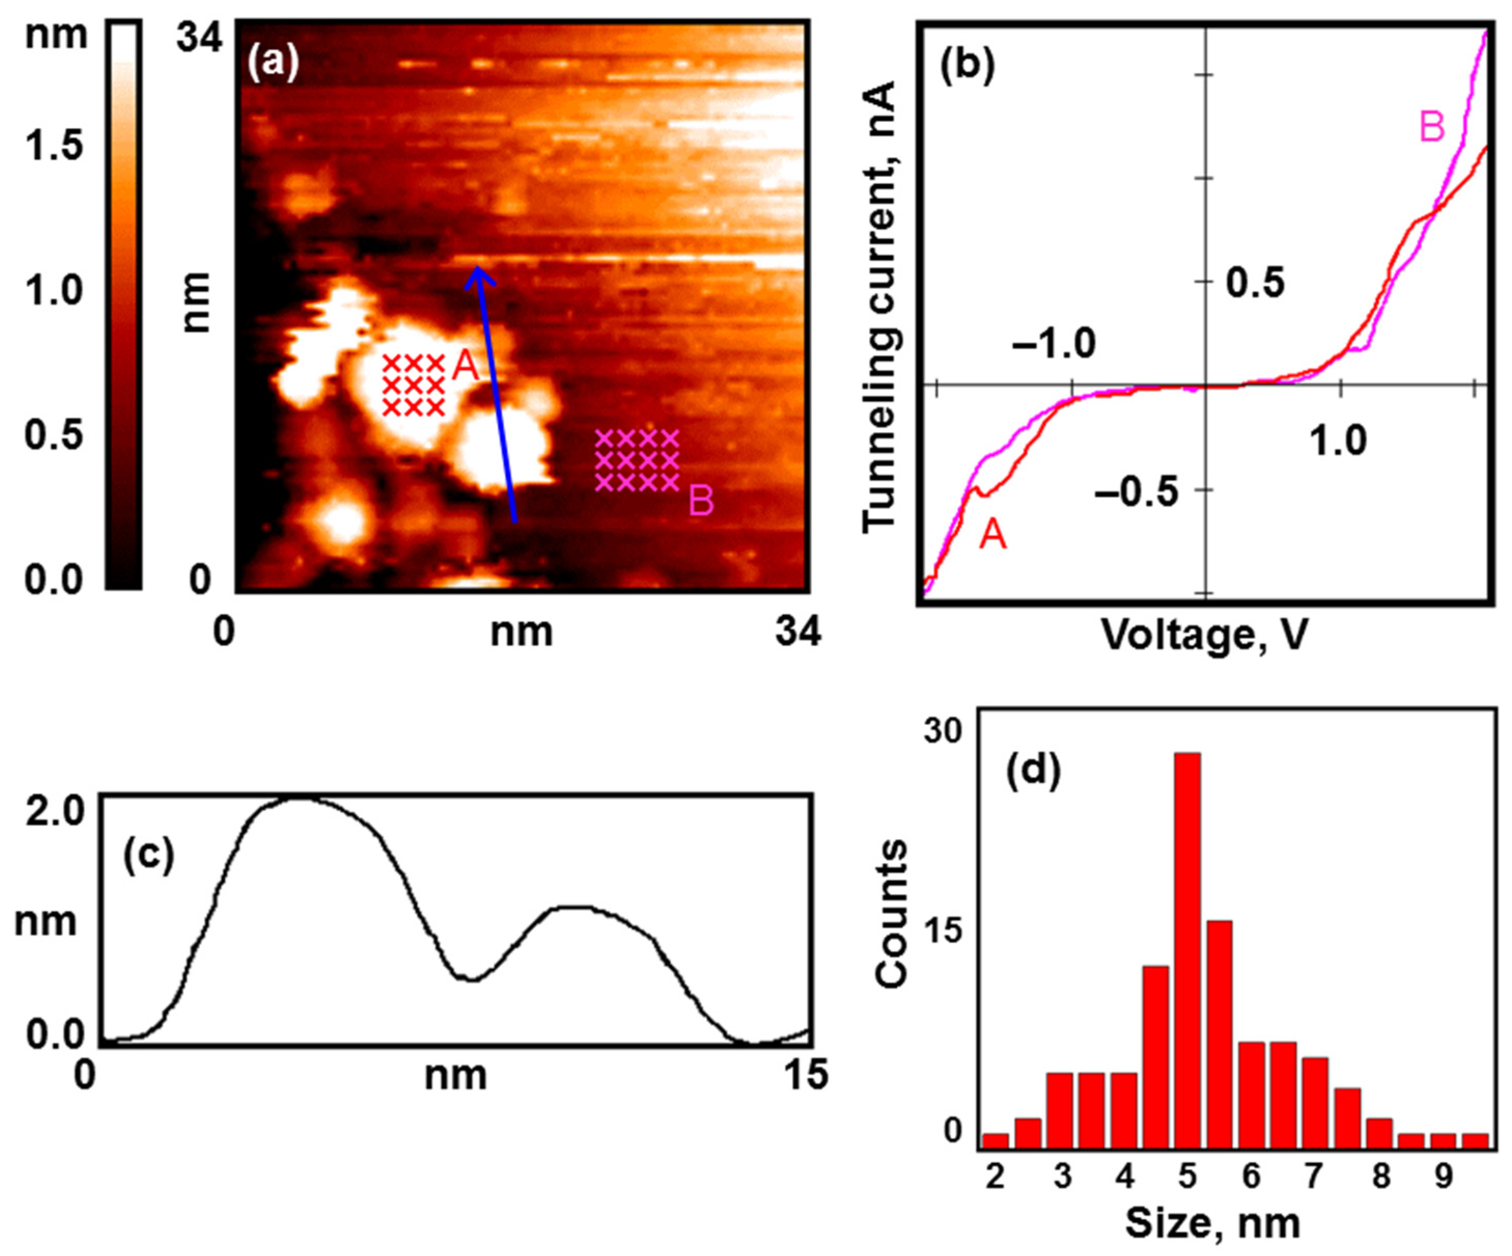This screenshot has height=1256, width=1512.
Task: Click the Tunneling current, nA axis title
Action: pyautogui.click(x=880, y=306)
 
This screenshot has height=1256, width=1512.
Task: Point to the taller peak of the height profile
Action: pyautogui.click(x=302, y=801)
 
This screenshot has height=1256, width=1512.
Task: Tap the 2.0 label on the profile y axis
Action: pyautogui.click(x=54, y=812)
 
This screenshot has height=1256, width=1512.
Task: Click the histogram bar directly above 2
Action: pyautogui.click(x=995, y=1141)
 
